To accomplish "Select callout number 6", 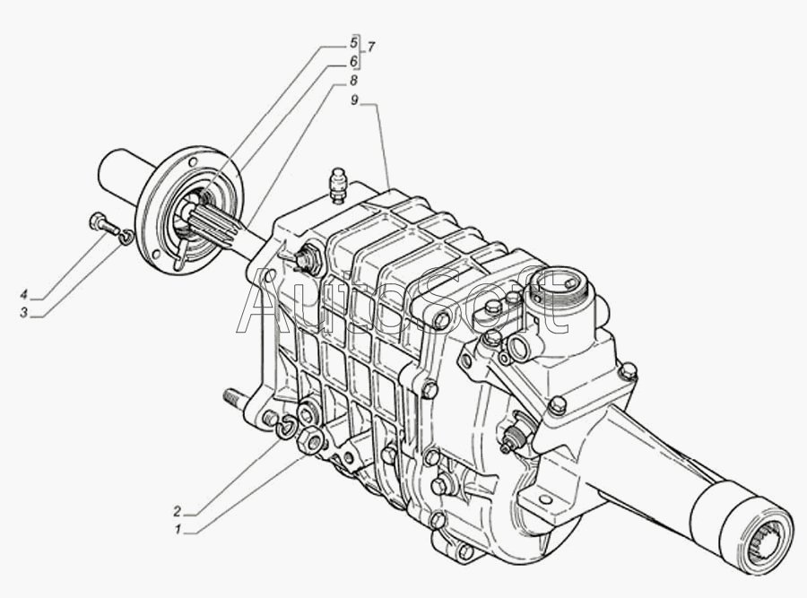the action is click(x=353, y=62).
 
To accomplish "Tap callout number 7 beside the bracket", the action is click(x=370, y=48).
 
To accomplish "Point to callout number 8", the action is click(x=353, y=81).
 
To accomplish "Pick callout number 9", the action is click(x=354, y=100).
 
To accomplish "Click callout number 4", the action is click(x=23, y=294).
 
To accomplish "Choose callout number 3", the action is click(x=23, y=313).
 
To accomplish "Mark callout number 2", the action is click(x=177, y=512).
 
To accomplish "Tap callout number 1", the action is click(x=177, y=530).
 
